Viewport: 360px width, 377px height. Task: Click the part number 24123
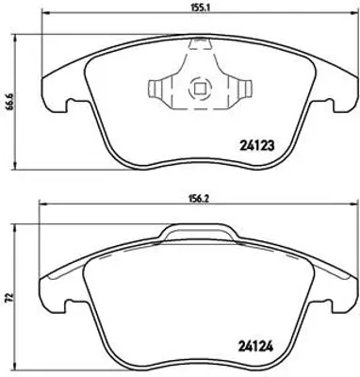coord(257,145)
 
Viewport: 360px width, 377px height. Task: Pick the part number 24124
coord(255,347)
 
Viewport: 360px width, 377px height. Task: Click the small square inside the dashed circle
coord(200,89)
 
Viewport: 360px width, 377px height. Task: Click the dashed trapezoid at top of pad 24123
coord(200,44)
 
